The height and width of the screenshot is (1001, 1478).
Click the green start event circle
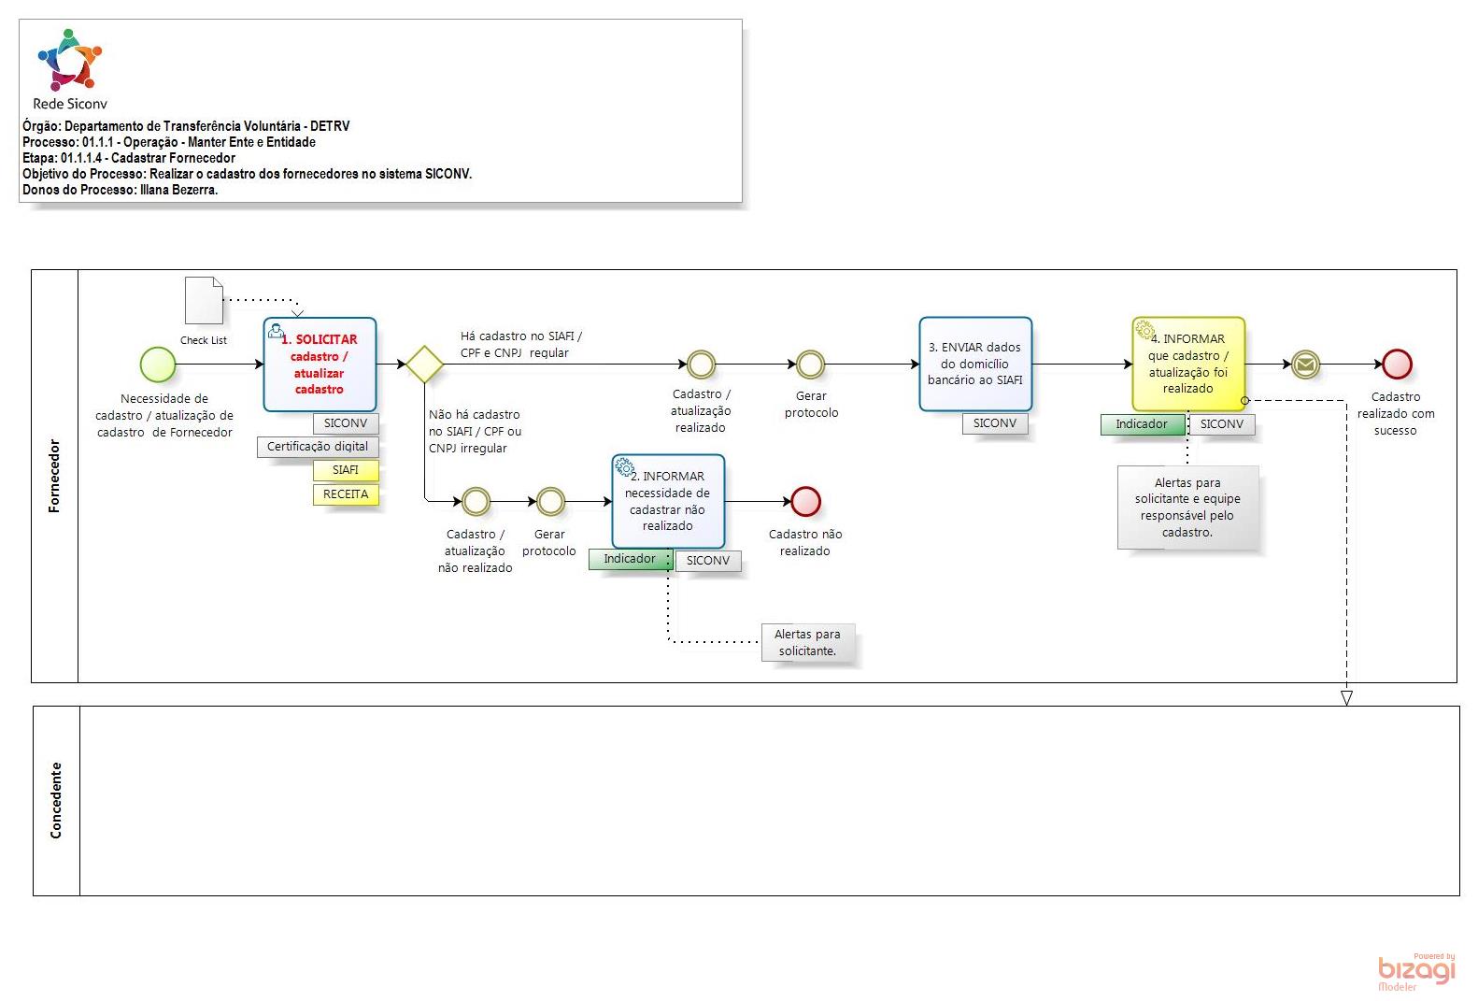click(158, 365)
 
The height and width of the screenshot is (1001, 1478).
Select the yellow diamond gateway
click(424, 365)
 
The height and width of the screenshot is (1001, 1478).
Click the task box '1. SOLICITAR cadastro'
click(320, 365)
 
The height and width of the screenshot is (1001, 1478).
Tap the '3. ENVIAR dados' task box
click(975, 365)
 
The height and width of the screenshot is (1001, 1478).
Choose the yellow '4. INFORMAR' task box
click(1188, 365)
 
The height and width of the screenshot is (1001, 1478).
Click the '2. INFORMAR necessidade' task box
click(668, 502)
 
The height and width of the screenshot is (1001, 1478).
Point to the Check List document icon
click(204, 300)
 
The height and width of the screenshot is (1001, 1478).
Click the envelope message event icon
click(1305, 365)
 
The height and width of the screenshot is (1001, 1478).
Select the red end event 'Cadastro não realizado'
click(805, 502)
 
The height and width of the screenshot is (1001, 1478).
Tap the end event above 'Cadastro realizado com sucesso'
click(1397, 365)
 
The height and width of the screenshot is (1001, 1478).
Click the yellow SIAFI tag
click(346, 470)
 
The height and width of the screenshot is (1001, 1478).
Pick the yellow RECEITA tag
click(346, 494)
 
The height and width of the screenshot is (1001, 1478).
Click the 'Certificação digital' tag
click(318, 447)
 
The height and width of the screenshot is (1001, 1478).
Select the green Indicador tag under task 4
click(1142, 424)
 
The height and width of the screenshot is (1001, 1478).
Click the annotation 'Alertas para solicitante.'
click(807, 643)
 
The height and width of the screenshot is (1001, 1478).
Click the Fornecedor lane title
click(54, 476)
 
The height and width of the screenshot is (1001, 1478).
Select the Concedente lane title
click(56, 800)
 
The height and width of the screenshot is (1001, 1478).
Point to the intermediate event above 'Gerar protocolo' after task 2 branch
click(550, 502)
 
